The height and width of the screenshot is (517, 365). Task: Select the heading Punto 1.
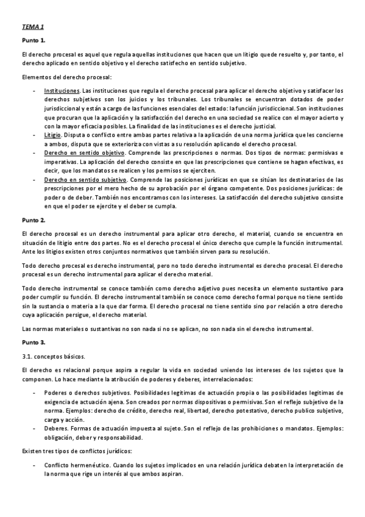click(x=33, y=40)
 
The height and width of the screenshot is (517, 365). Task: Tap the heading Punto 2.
click(x=33, y=219)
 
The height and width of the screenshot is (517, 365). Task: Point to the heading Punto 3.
click(x=33, y=343)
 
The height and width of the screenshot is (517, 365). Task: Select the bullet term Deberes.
click(x=57, y=429)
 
